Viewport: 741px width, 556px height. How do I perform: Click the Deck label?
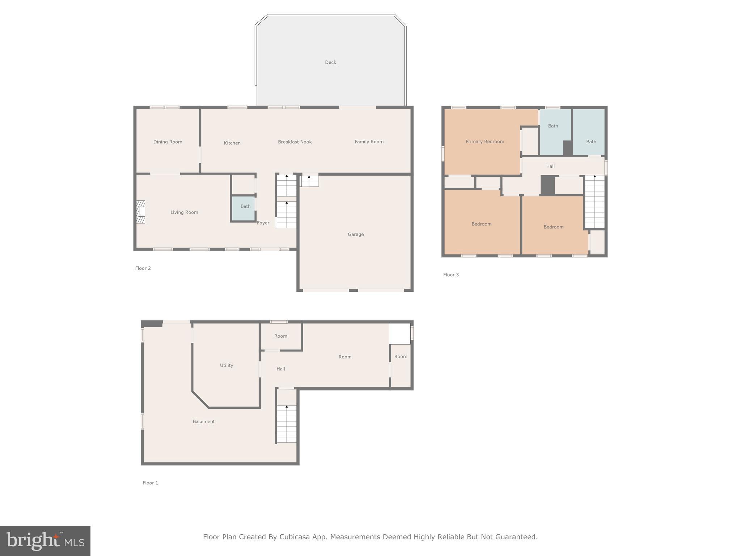(330, 62)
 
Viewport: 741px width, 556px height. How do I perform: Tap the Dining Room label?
(168, 142)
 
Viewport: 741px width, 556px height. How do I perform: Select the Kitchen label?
(232, 143)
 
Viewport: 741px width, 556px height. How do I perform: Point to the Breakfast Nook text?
(295, 142)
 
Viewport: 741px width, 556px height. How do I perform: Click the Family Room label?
(369, 142)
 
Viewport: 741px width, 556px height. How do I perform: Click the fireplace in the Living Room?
(141, 212)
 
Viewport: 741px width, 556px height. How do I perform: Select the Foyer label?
(263, 223)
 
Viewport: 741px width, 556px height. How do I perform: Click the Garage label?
(356, 234)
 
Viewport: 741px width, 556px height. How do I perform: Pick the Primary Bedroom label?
(484, 142)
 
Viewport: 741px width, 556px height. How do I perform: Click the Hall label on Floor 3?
(550, 166)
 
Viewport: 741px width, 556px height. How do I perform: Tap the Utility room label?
(226, 365)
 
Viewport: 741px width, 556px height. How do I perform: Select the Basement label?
(203, 421)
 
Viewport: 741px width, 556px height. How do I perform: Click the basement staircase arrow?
(287, 407)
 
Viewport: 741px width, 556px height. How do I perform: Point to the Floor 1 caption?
(150, 483)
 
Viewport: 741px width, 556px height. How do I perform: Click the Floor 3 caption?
(451, 275)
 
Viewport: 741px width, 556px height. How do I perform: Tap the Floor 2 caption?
(143, 268)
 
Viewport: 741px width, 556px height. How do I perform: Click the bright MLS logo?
(45, 541)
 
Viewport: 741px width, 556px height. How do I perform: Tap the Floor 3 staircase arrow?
(594, 176)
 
